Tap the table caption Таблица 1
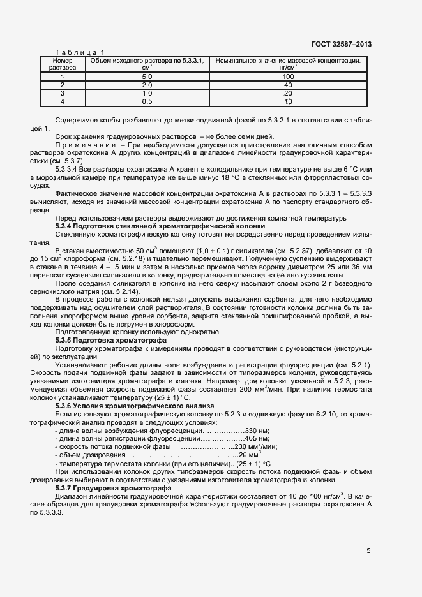(80, 52)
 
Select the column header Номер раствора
(63, 63)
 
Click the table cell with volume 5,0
(146, 77)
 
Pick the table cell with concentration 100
(288, 77)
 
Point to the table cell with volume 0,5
(146, 101)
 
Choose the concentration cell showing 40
(288, 85)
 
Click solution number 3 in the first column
(63, 93)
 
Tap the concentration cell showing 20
(288, 93)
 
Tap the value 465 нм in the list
(258, 439)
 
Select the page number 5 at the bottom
(369, 551)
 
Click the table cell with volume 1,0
(146, 93)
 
